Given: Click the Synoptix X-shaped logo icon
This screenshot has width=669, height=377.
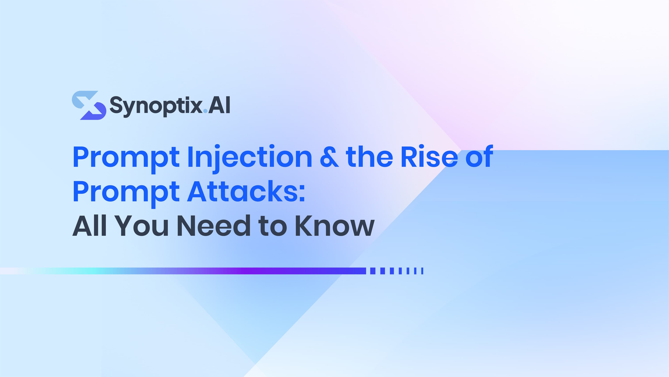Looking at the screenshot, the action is click(x=89, y=105).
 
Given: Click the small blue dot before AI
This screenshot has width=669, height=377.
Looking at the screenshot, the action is click(x=205, y=111).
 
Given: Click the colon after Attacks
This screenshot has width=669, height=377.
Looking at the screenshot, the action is click(x=302, y=194).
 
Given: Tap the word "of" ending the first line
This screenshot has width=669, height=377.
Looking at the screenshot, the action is click(x=479, y=156).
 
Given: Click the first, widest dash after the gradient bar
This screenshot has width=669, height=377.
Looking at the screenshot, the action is click(x=373, y=271).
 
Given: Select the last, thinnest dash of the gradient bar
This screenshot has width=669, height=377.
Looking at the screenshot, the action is click(x=422, y=271).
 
